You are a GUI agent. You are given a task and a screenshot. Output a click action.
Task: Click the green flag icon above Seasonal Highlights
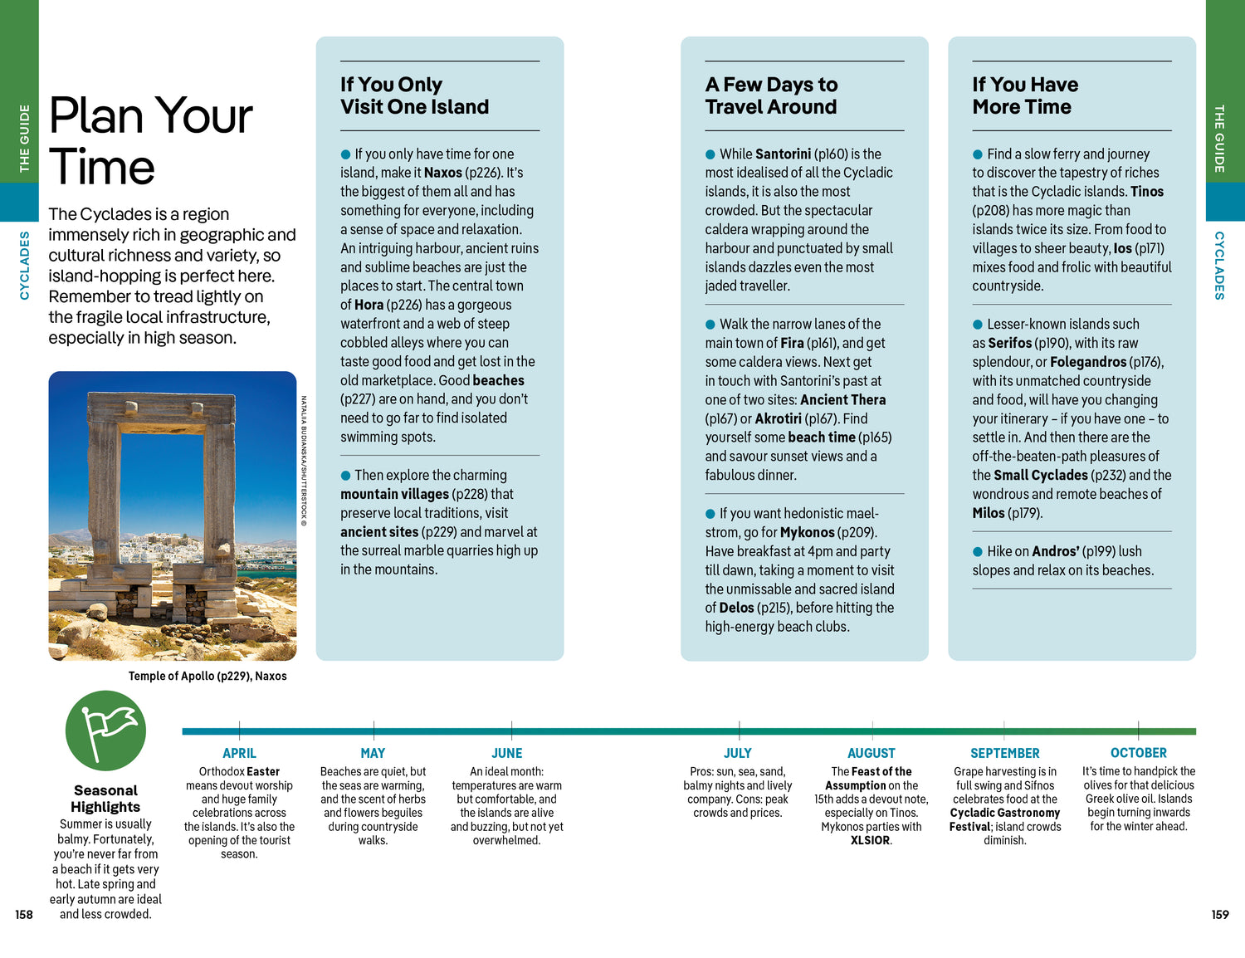(105, 731)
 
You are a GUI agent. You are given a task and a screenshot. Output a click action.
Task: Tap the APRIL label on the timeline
(239, 753)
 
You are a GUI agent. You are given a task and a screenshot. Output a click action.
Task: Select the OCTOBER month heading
(1138, 753)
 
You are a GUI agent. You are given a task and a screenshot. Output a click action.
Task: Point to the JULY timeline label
(737, 753)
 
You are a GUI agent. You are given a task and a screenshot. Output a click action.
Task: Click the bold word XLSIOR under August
(870, 840)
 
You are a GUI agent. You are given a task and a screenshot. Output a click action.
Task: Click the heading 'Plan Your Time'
(150, 141)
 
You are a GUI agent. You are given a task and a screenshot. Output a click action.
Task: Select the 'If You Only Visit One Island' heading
(414, 95)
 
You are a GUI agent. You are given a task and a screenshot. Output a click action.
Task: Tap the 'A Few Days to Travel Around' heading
(771, 95)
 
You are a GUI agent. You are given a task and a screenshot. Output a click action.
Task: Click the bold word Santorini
(783, 154)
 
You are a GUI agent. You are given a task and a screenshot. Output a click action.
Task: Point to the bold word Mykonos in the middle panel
(807, 532)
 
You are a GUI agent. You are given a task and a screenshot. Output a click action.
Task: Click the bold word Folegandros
(1087, 362)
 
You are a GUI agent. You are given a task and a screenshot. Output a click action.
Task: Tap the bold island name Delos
(736, 608)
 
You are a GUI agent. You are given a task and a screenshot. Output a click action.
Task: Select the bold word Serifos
(1009, 343)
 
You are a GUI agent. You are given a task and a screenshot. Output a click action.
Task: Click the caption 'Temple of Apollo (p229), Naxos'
(207, 676)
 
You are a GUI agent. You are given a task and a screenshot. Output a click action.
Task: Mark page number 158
(24, 915)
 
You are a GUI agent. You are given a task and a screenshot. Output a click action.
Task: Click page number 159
(1219, 915)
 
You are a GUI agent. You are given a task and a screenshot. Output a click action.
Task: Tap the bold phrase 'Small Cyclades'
(1040, 475)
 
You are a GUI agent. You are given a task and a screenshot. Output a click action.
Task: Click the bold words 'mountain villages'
(394, 494)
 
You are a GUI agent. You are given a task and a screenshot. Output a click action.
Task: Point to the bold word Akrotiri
(778, 418)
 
